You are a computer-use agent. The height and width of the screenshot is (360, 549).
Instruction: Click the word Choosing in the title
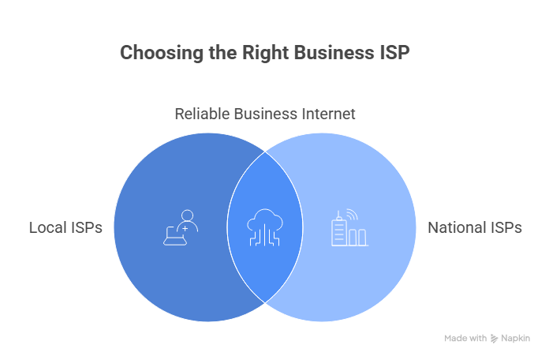point(162,53)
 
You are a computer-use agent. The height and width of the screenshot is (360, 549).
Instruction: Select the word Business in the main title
point(334,53)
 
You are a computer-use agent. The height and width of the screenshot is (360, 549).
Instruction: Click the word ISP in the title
point(394,53)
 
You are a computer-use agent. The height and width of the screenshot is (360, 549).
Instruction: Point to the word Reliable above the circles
point(202,114)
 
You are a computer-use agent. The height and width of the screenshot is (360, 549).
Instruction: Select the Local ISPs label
point(65,227)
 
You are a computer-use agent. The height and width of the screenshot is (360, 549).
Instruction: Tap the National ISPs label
point(475,227)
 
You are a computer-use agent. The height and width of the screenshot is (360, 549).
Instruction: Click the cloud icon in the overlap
point(265,227)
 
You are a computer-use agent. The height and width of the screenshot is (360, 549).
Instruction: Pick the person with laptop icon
point(181,227)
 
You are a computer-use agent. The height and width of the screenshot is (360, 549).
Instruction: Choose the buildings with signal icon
point(349,227)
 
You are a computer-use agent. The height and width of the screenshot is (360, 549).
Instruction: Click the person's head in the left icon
point(188,216)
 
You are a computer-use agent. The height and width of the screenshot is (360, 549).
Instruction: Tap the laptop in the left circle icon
point(175,236)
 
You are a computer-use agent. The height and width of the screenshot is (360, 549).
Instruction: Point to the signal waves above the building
point(353,215)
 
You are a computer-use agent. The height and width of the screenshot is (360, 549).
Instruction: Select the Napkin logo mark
point(494,338)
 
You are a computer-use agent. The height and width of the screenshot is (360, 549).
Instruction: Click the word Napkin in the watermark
point(515,338)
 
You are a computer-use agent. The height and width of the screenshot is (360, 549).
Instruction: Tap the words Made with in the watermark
point(465,338)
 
